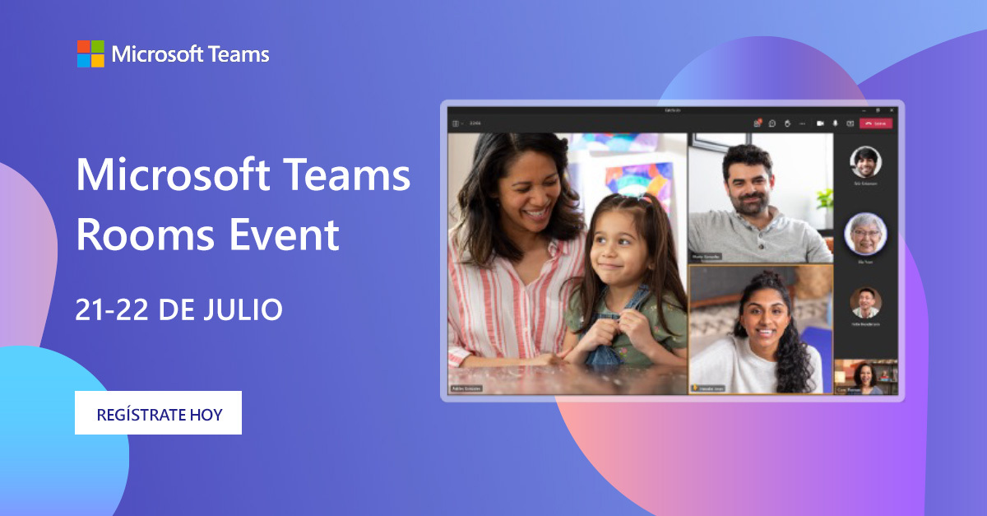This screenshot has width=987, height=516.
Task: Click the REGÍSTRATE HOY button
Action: [158, 413]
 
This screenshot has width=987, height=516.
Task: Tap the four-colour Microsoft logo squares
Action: [90, 53]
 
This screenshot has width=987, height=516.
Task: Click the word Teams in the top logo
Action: [239, 55]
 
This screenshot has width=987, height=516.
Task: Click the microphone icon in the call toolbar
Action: [836, 123]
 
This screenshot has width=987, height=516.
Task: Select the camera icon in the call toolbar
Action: [820, 123]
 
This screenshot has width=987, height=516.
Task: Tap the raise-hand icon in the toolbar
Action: [787, 123]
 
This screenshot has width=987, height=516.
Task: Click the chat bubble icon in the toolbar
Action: [772, 123]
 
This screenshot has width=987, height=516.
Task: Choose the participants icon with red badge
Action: [758, 123]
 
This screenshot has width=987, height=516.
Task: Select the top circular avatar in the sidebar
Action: [865, 161]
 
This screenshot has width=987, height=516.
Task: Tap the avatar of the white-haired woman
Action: [865, 233]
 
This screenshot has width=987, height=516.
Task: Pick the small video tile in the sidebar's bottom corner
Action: [866, 377]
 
